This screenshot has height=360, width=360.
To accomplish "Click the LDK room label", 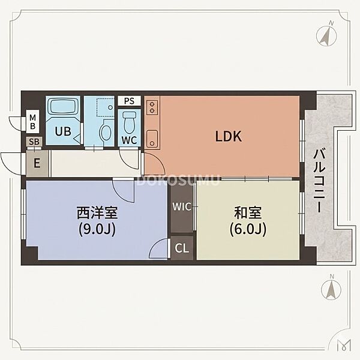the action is click(229, 136).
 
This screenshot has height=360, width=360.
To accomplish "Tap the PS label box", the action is click(129, 101).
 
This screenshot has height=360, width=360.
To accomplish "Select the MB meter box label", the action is click(32, 122).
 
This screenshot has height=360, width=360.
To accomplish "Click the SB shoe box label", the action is click(34, 142).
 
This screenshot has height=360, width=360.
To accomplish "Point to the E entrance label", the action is click(37, 163).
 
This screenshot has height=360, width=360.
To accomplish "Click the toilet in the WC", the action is click(130, 122).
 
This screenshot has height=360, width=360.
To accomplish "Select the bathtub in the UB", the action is click(63, 106).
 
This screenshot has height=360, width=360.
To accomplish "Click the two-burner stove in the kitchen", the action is click(152, 107).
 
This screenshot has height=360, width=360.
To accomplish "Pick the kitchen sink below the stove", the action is click(152, 139).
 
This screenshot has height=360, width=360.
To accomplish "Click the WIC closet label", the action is click(182, 206).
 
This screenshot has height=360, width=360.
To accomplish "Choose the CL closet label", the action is click(182, 248).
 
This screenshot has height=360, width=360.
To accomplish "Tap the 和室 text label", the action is click(248, 212).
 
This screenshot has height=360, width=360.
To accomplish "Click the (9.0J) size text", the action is click(97, 229).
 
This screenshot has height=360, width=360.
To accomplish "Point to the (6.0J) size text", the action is click(248, 229).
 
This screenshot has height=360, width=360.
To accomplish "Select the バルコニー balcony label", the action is click(319, 181).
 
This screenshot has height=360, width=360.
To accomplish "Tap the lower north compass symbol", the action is click(331, 289).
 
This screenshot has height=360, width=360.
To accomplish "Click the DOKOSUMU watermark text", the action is click(178, 180).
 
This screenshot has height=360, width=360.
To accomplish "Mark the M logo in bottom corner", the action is click(344, 345).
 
